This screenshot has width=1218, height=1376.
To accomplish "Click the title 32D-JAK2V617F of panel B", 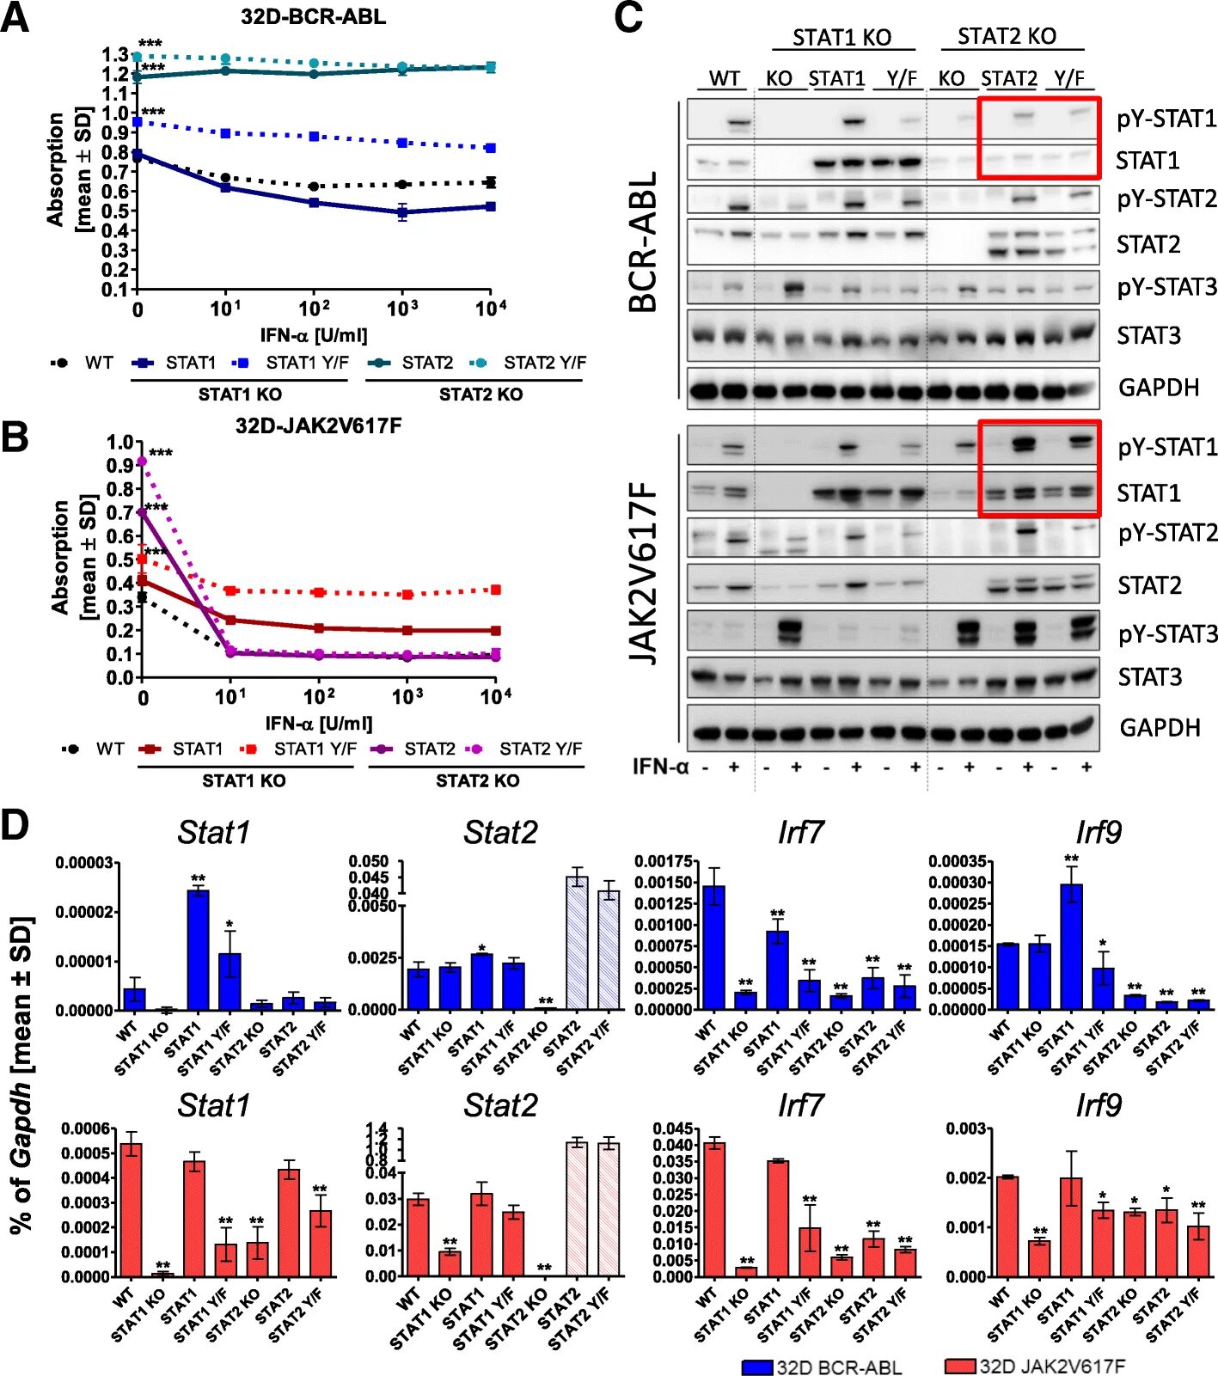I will (318, 425).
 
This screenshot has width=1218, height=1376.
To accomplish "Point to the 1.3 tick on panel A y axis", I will (116, 55).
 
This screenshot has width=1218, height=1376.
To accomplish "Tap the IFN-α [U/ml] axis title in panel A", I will (314, 334).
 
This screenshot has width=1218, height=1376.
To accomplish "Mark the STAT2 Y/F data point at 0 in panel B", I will (143, 462).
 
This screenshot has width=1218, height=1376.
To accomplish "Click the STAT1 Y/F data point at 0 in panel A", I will (137, 122).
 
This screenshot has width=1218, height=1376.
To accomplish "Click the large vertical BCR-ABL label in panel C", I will (644, 242).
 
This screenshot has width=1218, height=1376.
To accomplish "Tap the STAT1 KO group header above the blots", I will (842, 38).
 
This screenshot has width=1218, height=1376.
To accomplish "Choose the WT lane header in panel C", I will (725, 78).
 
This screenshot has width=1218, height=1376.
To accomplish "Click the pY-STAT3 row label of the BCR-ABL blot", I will (1166, 287).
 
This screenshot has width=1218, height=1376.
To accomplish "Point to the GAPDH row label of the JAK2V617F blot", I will (1159, 728).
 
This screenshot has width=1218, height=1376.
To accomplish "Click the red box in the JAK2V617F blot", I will (1039, 468).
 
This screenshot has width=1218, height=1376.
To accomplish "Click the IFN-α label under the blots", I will (660, 767).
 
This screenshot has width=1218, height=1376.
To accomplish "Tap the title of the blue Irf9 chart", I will (1098, 832).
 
